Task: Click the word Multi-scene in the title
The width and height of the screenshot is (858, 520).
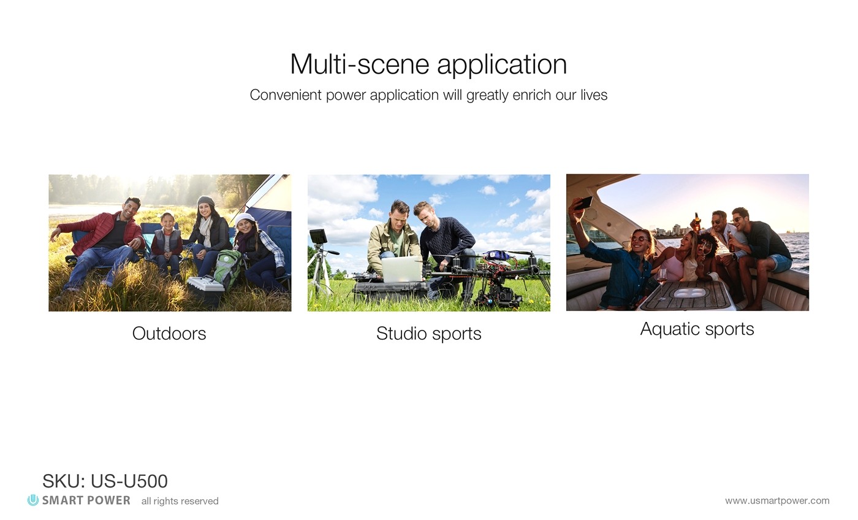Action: coord(359,64)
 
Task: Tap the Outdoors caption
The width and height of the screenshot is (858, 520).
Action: coord(169,334)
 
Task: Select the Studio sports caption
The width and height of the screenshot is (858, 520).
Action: coord(428,334)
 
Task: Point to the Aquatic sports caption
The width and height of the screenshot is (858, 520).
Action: coord(697,329)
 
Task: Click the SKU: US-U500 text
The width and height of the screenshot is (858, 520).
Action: coord(105,481)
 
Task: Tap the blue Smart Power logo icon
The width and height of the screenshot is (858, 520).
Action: coord(33,500)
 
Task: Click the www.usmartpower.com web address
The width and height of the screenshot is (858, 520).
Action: coord(777,500)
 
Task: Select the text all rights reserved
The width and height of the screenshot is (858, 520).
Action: coord(180,501)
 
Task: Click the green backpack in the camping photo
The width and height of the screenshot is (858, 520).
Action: coord(227,268)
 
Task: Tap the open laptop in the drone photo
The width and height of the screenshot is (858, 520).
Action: coord(402,269)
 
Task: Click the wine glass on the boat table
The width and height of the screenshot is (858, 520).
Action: coord(661,283)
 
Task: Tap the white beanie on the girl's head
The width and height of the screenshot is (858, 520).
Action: coord(245,219)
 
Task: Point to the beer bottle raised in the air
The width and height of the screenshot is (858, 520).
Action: coord(697,221)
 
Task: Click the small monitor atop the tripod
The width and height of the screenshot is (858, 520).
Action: coord(318,237)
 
